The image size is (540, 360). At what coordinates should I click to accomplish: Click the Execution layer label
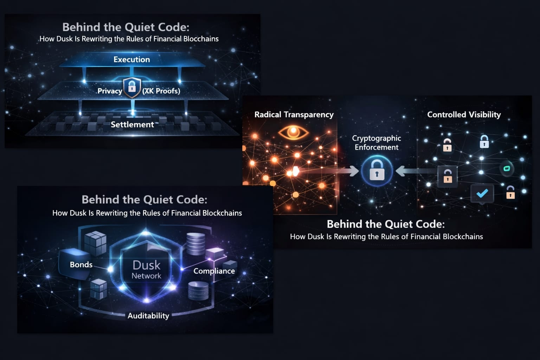pyautogui.click(x=132, y=59)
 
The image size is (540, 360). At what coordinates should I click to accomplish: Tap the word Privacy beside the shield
pyautogui.click(x=110, y=91)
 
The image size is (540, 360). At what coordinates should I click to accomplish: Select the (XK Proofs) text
pyautogui.click(x=161, y=91)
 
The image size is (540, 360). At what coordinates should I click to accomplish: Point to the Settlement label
pyautogui.click(x=132, y=124)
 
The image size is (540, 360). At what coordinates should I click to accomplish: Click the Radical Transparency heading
pyautogui.click(x=294, y=115)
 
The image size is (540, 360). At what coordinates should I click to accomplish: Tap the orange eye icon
pyautogui.click(x=293, y=133)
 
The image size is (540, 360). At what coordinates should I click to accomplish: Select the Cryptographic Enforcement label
pyautogui.click(x=377, y=143)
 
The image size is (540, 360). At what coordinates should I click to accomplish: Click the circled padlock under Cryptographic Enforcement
pyautogui.click(x=377, y=171)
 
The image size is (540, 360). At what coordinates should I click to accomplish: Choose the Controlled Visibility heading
pyautogui.click(x=464, y=115)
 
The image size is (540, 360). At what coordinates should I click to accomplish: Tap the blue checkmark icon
pyautogui.click(x=482, y=193)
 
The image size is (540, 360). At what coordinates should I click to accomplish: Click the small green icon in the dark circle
pyautogui.click(x=507, y=168)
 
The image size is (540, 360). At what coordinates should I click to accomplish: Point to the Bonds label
pyautogui.click(x=81, y=265)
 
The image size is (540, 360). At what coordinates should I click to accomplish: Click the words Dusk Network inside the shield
pyautogui.click(x=146, y=269)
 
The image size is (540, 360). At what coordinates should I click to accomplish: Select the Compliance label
pyautogui.click(x=214, y=271)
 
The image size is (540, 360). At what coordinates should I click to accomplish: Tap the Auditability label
pyautogui.click(x=148, y=316)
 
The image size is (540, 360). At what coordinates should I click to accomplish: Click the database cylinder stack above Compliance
pyautogui.click(x=196, y=244)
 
